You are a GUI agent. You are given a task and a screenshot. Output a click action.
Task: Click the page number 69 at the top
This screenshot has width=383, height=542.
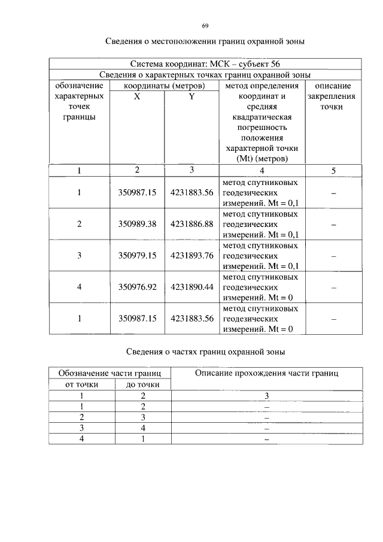pyautogui.click(x=205, y=26)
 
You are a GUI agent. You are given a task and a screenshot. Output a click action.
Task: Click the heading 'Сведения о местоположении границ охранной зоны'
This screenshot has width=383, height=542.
pyautogui.click(x=205, y=42)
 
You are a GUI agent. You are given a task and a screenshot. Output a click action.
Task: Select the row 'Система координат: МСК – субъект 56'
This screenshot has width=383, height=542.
pyautogui.click(x=205, y=63)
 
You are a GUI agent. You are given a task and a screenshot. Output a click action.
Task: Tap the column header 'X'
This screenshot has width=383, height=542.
pyautogui.click(x=137, y=96)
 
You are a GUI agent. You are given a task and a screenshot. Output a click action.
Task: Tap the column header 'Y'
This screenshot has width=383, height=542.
pyautogui.click(x=191, y=96)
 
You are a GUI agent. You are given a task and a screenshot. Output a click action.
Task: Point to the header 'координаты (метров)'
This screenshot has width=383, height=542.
pyautogui.click(x=164, y=86)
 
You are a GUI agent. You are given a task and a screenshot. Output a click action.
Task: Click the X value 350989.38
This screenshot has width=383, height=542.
pyautogui.click(x=137, y=224)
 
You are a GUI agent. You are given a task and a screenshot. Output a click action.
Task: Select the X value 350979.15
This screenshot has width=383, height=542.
pyautogui.click(x=137, y=255)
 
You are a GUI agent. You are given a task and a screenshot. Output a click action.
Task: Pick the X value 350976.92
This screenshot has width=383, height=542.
pyautogui.click(x=137, y=287)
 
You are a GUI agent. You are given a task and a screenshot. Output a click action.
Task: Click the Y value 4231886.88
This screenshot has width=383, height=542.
pyautogui.click(x=191, y=224)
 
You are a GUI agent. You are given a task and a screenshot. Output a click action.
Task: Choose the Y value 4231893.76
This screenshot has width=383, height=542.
pyautogui.click(x=191, y=255)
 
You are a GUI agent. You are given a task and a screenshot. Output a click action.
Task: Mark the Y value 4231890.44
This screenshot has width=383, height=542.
pyautogui.click(x=191, y=287)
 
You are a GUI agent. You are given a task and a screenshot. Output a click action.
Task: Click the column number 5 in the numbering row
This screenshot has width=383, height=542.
pyautogui.click(x=333, y=171)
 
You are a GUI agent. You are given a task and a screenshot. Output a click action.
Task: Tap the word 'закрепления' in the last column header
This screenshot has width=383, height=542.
pyautogui.click(x=332, y=96)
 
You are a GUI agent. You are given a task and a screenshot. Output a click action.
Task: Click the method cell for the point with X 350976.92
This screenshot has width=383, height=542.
pyautogui.click(x=260, y=287)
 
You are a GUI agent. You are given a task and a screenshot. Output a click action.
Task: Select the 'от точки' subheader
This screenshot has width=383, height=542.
pyautogui.click(x=82, y=384)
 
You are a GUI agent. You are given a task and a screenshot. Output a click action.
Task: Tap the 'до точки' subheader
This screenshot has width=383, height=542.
pyautogui.click(x=142, y=384)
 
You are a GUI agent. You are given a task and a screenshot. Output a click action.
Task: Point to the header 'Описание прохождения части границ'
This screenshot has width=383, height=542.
pyautogui.click(x=267, y=373)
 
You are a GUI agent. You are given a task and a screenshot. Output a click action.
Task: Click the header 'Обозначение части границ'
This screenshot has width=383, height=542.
pyautogui.click(x=110, y=373)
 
